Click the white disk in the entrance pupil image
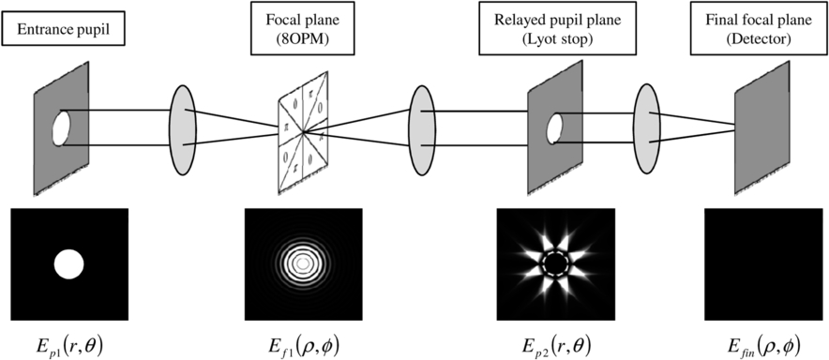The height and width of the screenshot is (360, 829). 68,263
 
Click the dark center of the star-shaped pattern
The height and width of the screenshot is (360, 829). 553,263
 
